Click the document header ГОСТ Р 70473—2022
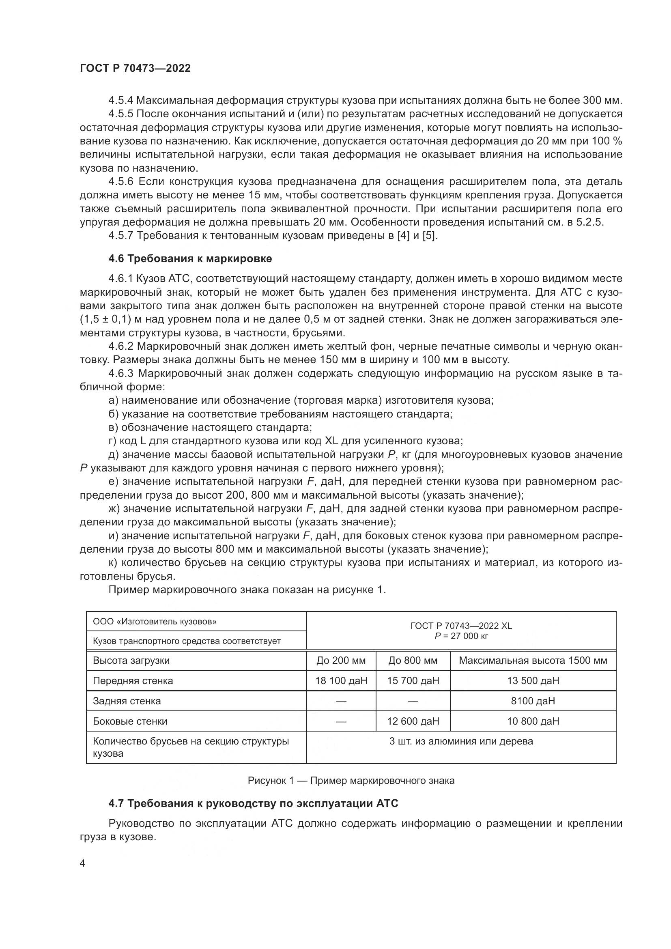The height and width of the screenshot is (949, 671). point(135,69)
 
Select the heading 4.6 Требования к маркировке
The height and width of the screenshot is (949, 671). point(190,259)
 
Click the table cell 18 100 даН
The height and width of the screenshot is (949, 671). point(341,680)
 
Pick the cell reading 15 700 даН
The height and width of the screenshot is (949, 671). point(413,680)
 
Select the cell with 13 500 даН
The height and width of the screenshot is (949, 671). point(533,680)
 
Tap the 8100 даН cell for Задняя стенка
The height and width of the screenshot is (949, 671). point(533,701)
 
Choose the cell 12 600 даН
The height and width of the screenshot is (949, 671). point(413,721)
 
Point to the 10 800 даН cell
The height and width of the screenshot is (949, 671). point(533,721)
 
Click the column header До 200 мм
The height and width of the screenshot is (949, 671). point(341,660)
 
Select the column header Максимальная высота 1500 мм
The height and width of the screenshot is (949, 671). point(533,660)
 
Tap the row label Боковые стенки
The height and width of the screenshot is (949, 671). point(130,721)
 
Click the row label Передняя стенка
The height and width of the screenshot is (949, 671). point(133,680)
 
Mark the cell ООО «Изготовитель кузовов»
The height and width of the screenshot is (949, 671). point(155,622)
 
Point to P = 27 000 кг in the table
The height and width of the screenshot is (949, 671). point(461,636)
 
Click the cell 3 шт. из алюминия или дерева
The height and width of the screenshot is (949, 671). point(461,741)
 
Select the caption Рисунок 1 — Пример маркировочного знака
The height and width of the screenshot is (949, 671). point(351,780)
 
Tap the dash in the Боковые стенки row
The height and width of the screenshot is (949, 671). point(341,721)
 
